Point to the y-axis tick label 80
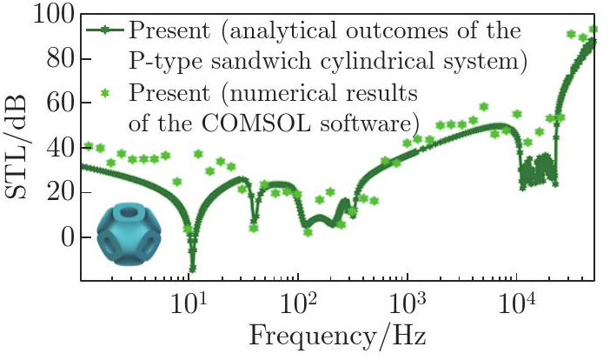58,59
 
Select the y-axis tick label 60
58,103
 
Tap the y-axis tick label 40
58,148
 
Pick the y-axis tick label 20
58,192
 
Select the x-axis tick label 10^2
297,303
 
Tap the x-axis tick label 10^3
406,303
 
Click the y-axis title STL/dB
22,147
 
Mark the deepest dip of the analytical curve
192,270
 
